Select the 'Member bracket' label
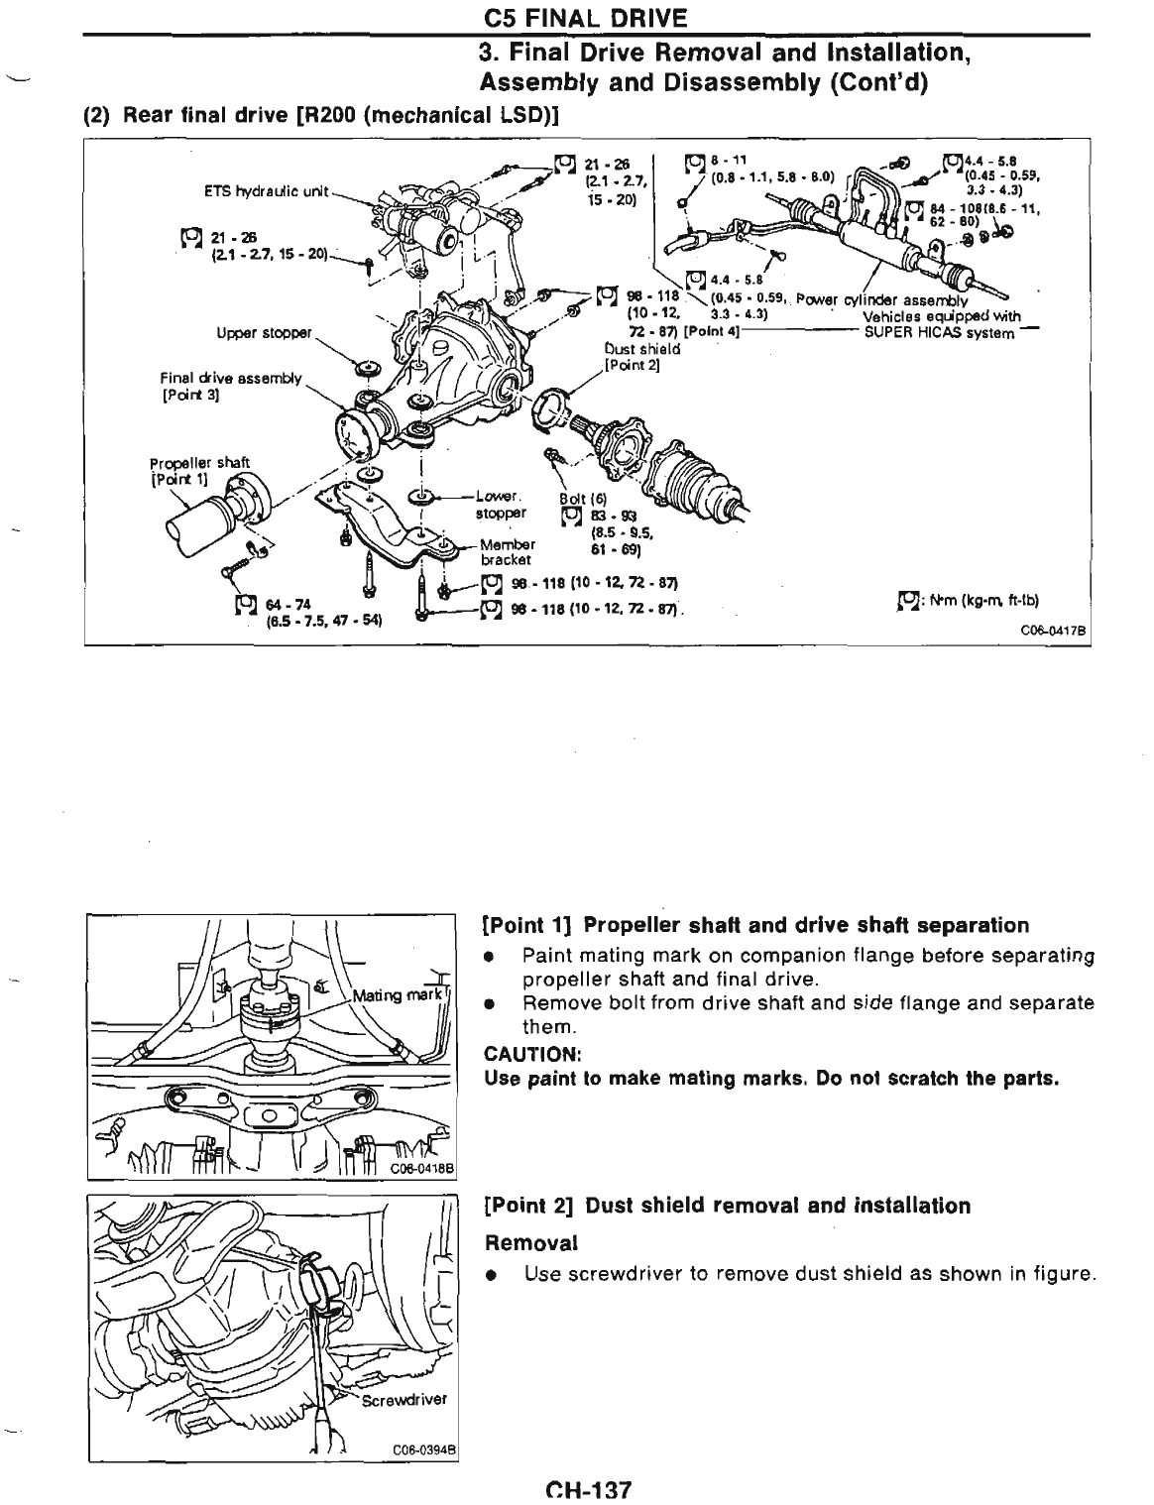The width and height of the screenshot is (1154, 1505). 508,551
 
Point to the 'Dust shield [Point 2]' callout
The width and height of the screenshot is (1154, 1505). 641,356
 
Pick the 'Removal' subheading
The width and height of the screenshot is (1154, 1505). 529,1242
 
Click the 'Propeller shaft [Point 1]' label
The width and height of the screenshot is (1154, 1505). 199,471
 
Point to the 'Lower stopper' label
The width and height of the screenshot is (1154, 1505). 500,505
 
